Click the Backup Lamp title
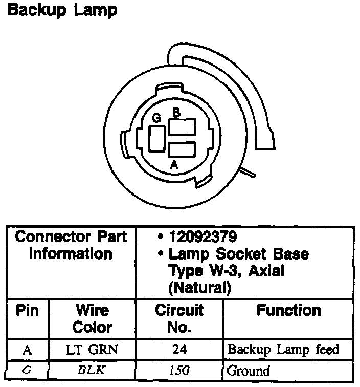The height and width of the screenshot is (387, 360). pos(62,10)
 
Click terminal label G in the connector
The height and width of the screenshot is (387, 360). pos(157,118)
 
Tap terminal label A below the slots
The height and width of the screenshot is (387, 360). pos(174,164)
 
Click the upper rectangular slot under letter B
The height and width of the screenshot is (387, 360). pos(182,126)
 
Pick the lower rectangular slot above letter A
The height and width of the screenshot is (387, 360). pos(182,150)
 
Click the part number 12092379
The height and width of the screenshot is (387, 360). pos(202,238)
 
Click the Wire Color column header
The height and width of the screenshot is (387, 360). pos(92,318)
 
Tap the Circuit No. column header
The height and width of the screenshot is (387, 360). pos(179,318)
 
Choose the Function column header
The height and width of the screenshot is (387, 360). pos(288,310)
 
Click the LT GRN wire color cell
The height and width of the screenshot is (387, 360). pos(92,350)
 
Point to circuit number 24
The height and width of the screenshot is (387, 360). pos(179,350)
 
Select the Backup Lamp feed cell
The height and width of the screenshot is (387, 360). pos(283,350)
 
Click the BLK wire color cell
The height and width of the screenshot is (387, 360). pos(92,370)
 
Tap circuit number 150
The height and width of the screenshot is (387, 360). pos(179,370)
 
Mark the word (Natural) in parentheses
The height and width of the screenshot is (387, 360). pos(200,288)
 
